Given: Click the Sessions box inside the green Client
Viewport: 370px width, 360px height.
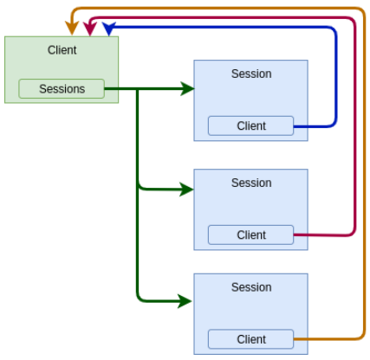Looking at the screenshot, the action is (x=62, y=89).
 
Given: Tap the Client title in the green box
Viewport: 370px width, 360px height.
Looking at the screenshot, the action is (x=62, y=50).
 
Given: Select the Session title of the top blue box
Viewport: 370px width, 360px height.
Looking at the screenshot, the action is (x=251, y=74).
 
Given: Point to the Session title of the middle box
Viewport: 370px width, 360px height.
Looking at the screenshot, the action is (x=251, y=183).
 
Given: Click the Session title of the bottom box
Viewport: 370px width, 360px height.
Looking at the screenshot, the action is (x=251, y=287).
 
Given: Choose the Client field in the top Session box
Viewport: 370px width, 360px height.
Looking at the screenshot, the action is (x=250, y=125).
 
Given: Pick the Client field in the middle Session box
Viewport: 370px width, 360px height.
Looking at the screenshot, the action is (x=250, y=235).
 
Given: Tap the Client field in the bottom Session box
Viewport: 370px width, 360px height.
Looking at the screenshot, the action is (x=250, y=339).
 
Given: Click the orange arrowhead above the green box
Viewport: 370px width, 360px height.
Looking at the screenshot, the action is (x=72, y=29).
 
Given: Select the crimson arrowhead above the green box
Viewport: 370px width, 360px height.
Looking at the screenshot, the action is (x=90, y=29).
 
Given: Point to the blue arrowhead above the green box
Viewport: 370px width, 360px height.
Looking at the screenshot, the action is (x=109, y=29).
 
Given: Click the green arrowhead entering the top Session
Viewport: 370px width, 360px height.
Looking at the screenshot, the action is (x=188, y=88).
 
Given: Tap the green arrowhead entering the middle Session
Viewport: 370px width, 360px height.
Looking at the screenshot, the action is (x=187, y=190).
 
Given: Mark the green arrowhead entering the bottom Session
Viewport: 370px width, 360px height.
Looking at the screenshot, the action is (x=185, y=301).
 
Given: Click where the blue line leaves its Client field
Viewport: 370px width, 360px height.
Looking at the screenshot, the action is (x=294, y=126).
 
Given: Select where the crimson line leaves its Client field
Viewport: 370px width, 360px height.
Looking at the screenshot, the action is (x=294, y=235).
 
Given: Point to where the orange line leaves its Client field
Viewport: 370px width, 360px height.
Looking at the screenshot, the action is (x=294, y=339).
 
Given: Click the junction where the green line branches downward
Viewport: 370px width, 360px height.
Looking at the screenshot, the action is (x=138, y=89).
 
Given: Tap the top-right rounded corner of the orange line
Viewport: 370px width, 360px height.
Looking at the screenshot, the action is (x=361, y=11).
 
